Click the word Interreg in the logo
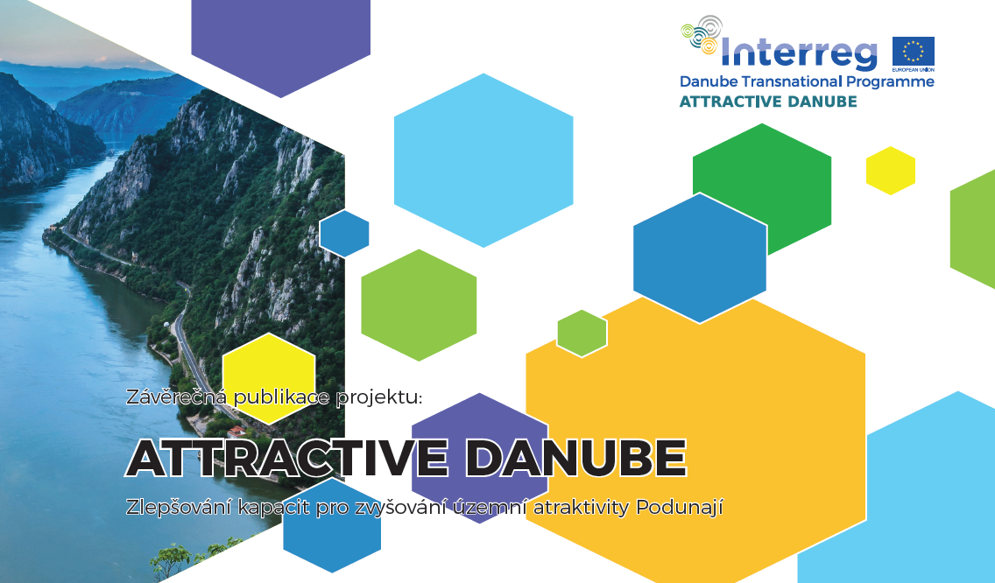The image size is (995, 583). pyautogui.click(x=799, y=53)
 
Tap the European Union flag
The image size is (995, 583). pyautogui.click(x=914, y=52)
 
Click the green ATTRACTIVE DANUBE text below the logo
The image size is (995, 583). pyautogui.click(x=768, y=102)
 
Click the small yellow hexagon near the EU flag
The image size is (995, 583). pyautogui.click(x=891, y=171)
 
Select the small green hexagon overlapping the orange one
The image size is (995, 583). pyautogui.click(x=582, y=334)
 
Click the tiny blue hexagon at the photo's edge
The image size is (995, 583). pyautogui.click(x=344, y=234)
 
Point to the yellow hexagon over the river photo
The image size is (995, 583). pyautogui.click(x=269, y=378)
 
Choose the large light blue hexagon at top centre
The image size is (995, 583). pyautogui.click(x=483, y=160)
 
